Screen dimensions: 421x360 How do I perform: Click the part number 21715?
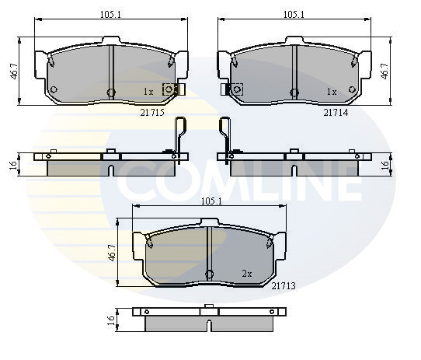152,113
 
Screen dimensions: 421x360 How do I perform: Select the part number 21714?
336,113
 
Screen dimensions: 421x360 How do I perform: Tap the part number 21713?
284,286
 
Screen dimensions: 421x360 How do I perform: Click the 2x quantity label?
247,274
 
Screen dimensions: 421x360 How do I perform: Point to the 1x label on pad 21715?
148,93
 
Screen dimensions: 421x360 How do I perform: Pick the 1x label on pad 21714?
332,93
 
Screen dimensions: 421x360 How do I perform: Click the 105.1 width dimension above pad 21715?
110,15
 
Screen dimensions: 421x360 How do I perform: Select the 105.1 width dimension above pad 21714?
294,15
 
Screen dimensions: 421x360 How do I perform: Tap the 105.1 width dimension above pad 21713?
211,201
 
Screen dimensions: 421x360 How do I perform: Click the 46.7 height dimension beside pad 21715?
14,72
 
